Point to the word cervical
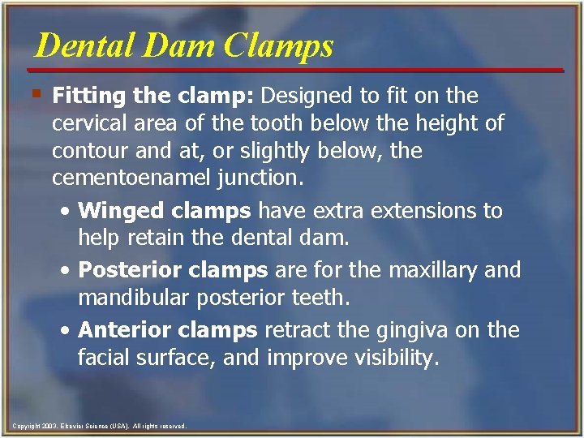coord(88,124)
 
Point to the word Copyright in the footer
coord(25,426)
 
